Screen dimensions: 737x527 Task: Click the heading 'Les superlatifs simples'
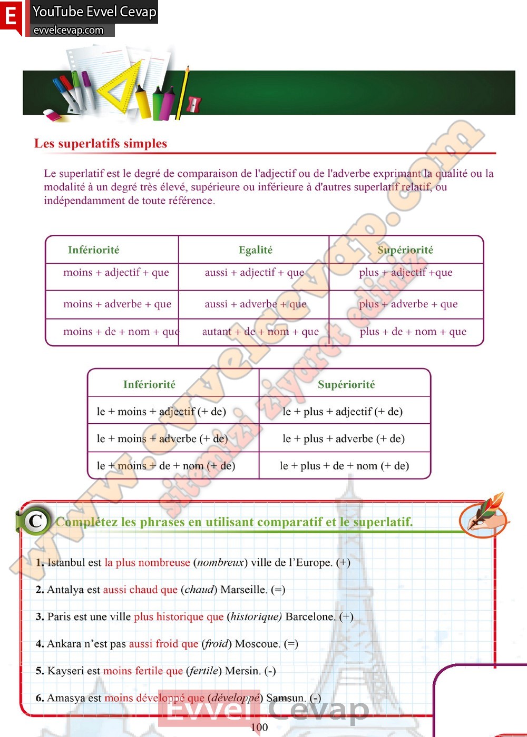pyautogui.click(x=101, y=144)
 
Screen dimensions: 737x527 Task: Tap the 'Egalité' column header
pyautogui.click(x=256, y=250)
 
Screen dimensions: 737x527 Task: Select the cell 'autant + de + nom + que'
pyautogui.click(x=260, y=332)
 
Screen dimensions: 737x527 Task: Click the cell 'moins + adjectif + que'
pyautogui.click(x=116, y=273)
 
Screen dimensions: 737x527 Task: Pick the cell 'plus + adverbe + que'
pyautogui.click(x=408, y=304)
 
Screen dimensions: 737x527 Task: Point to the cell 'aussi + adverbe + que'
pyautogui.click(x=256, y=304)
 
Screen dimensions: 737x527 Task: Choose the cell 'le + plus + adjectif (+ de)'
pyautogui.click(x=343, y=412)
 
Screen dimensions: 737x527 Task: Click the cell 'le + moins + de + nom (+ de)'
pyautogui.click(x=166, y=466)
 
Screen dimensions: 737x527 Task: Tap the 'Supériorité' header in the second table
pyautogui.click(x=346, y=385)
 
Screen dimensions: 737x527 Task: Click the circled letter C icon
pyautogui.click(x=35, y=521)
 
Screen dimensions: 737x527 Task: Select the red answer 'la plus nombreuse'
pyautogui.click(x=147, y=563)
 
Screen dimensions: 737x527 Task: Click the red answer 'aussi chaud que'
pyautogui.click(x=140, y=590)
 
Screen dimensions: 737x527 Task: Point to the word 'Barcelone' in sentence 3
pyautogui.click(x=310, y=617)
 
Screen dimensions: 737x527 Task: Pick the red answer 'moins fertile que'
pyautogui.click(x=143, y=671)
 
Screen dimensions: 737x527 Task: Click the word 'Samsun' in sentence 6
pyautogui.click(x=286, y=698)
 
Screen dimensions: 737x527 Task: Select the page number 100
pyautogui.click(x=259, y=727)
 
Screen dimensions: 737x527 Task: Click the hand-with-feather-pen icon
pyautogui.click(x=483, y=516)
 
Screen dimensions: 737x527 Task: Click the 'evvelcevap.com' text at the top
pyautogui.click(x=69, y=31)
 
